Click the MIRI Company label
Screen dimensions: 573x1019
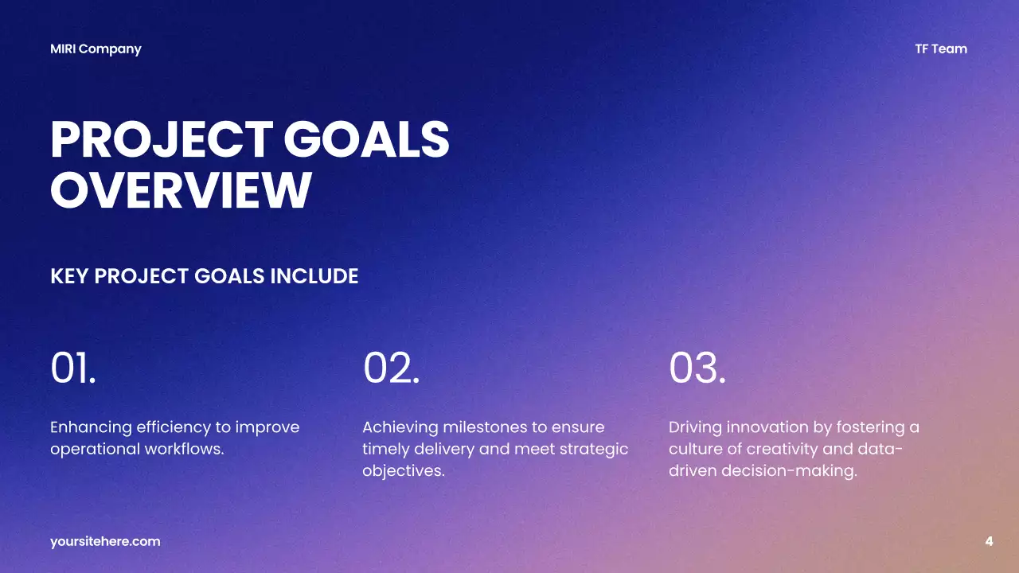(x=96, y=49)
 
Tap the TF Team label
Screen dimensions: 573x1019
(x=941, y=49)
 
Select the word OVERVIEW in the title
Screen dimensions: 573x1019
(x=181, y=190)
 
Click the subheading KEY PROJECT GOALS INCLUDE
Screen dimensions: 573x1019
(x=204, y=276)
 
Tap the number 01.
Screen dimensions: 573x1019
(x=73, y=368)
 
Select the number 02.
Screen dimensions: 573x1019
(x=391, y=368)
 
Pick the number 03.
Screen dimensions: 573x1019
(x=697, y=368)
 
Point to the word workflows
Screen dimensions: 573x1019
(x=184, y=449)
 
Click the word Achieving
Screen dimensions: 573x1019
(x=400, y=427)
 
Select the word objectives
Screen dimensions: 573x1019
(x=403, y=470)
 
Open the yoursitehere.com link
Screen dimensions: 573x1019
(x=105, y=542)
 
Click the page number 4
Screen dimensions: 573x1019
(x=989, y=542)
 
